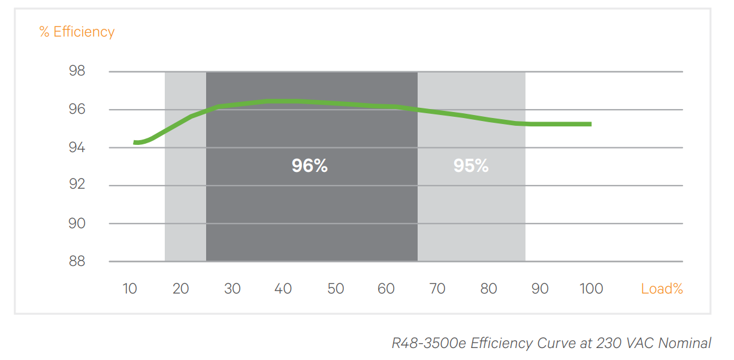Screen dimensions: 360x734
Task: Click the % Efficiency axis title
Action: click(77, 32)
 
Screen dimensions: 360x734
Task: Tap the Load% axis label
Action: click(661, 289)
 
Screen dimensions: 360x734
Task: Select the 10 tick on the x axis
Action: click(129, 289)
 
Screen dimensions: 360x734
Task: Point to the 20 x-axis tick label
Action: click(180, 289)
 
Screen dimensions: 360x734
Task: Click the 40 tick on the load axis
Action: click(283, 289)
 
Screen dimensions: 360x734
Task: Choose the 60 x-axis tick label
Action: click(386, 289)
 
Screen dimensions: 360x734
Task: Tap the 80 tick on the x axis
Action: click(488, 289)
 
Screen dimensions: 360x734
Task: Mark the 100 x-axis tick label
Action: click(591, 289)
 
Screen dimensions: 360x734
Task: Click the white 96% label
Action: click(310, 166)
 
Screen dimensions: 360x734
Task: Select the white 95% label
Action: click(471, 166)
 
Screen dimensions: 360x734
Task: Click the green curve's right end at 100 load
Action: click(590, 124)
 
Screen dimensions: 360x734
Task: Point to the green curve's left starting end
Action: click(135, 142)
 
